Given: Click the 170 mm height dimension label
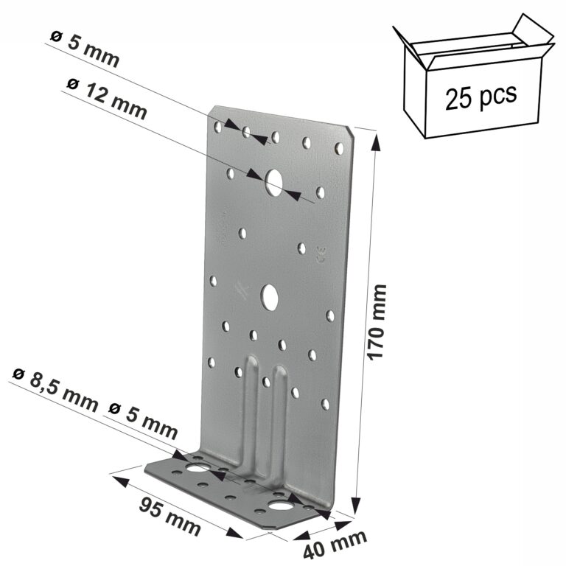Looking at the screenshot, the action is [377, 322].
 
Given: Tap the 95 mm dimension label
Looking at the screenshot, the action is [170, 516].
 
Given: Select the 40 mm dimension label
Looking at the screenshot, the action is [335, 545].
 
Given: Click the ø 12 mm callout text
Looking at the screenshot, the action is [107, 99].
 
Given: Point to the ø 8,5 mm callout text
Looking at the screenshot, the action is [55, 390].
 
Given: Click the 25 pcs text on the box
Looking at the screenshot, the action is [481, 96].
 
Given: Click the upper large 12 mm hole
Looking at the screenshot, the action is [274, 182].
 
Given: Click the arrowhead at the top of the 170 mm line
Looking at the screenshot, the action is [377, 141].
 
